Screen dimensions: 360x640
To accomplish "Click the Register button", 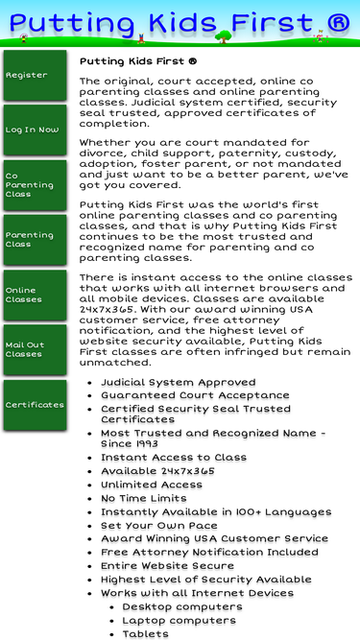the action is (35, 75).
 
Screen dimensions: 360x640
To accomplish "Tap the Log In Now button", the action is (35, 130).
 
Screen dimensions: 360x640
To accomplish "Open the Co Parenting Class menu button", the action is (35, 185).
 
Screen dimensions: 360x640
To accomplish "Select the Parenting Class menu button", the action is (35, 240).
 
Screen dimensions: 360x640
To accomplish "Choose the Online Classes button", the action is (35, 295).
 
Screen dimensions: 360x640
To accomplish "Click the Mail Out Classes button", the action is (35, 349).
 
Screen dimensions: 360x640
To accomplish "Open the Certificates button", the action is (35, 405).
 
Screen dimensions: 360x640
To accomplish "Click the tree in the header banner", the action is (225, 37).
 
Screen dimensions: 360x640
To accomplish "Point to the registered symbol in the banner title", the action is (335, 22).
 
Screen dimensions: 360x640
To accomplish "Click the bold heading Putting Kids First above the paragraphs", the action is (138, 61).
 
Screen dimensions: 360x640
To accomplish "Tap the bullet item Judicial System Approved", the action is (178, 383).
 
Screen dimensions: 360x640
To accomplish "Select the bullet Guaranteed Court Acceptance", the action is (195, 395).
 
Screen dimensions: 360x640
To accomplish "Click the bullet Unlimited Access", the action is (152, 485).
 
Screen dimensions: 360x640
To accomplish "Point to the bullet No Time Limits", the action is (143, 498).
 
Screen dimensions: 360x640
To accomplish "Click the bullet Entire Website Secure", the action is (167, 566).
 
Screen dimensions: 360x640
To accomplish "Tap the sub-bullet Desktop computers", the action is (182, 606).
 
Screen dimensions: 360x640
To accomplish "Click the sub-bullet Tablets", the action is (145, 633).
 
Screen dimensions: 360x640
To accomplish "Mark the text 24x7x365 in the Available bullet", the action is (187, 471).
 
